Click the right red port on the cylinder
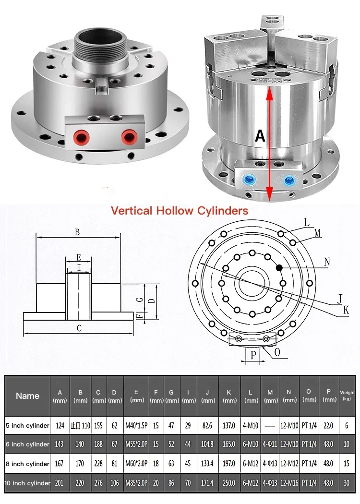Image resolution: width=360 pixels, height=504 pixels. pyautogui.click(x=128, y=138)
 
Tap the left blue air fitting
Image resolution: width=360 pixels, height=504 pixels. pyautogui.click(x=249, y=180)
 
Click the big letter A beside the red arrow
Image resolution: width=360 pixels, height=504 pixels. pyautogui.click(x=260, y=136)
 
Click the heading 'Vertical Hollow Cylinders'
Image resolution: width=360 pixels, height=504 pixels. pyautogui.click(x=180, y=211)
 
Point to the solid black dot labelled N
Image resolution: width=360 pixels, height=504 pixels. pyautogui.click(x=279, y=267)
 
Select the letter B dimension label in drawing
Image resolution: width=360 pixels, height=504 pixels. pyautogui.click(x=77, y=232)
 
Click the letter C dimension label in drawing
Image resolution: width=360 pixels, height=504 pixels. pyautogui.click(x=79, y=328)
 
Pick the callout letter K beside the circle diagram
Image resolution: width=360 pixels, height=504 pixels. pyautogui.click(x=346, y=310)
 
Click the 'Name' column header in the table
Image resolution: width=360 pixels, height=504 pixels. pyautogui.click(x=27, y=396)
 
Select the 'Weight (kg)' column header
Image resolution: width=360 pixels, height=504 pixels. pyautogui.click(x=347, y=396)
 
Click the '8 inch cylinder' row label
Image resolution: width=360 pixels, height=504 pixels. pyautogui.click(x=27, y=464)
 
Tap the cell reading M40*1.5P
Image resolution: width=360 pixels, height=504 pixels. pyautogui.click(x=136, y=425)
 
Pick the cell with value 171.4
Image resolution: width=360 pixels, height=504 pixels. pyautogui.click(x=208, y=483)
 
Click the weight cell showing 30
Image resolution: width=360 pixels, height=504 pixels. pyautogui.click(x=347, y=483)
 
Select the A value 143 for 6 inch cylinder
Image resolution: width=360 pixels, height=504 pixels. pyautogui.click(x=60, y=444)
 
